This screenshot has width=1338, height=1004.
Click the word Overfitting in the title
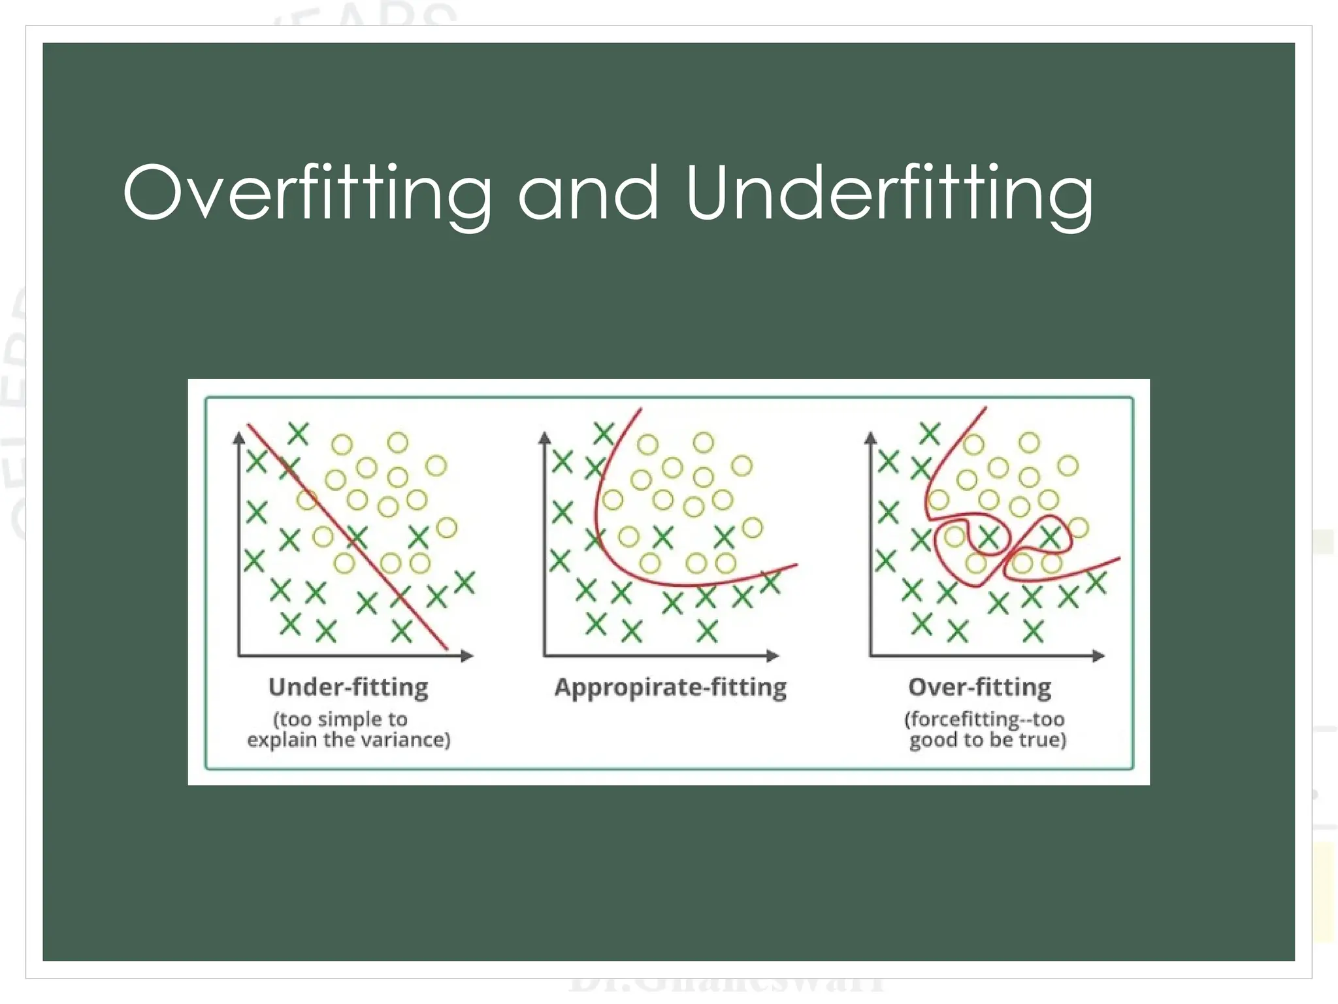[307, 193]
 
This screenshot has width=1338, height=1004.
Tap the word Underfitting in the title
[889, 193]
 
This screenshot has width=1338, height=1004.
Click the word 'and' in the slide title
[588, 193]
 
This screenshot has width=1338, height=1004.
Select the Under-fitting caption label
[348, 687]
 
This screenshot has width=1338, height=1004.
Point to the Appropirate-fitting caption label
[670, 687]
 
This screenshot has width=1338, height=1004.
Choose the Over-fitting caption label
[980, 687]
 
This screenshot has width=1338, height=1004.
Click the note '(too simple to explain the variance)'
[348, 729]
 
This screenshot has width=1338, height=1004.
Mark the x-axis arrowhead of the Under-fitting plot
[466, 656]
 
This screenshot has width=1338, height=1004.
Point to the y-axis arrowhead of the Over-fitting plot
[870, 438]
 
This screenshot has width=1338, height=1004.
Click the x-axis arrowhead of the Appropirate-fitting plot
[773, 656]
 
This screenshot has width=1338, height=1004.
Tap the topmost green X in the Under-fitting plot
[298, 433]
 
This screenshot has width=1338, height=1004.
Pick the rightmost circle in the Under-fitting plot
[447, 527]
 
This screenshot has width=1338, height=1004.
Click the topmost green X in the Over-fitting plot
[929, 433]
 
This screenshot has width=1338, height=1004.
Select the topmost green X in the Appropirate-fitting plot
[604, 433]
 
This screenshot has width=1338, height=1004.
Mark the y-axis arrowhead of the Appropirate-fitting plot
[545, 438]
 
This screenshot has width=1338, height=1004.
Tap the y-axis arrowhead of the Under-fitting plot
[239, 438]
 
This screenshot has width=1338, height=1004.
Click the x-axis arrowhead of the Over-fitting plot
[1098, 656]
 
